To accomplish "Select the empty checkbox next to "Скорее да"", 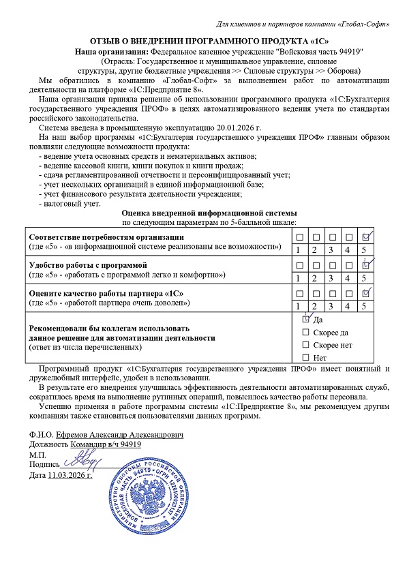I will [x=306, y=332].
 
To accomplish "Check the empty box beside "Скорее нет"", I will [x=306, y=345].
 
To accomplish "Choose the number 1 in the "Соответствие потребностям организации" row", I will [x=298, y=250].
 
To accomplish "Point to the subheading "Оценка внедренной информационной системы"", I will [x=209, y=213].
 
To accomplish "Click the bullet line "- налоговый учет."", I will [x=72, y=204].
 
